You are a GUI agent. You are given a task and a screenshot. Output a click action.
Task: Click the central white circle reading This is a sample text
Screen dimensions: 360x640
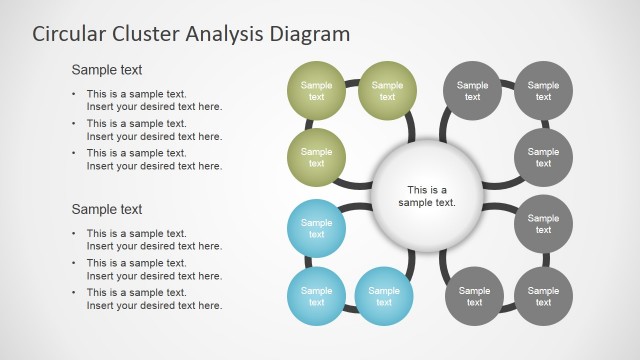(427, 195)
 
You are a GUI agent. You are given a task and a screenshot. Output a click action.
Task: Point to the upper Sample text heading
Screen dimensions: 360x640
(106, 70)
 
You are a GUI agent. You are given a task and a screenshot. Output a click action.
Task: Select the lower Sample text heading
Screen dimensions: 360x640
(106, 209)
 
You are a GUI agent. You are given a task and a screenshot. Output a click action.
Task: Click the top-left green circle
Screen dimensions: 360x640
(316, 91)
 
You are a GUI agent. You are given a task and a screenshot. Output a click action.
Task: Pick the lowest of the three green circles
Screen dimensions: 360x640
(316, 157)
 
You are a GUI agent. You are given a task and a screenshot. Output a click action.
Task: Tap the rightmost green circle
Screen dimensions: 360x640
(387, 91)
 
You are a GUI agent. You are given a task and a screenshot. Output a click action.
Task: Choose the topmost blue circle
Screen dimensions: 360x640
(316, 229)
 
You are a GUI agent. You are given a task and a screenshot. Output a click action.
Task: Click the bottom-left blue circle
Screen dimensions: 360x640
(316, 296)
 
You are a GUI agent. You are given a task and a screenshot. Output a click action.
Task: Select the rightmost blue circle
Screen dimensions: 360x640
(384, 296)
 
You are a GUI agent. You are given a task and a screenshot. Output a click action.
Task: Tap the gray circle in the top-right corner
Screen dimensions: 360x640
(543, 91)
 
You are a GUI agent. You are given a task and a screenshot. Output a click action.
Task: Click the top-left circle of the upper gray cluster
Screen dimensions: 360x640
(472, 91)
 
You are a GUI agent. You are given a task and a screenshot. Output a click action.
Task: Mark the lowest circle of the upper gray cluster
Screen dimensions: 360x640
(543, 157)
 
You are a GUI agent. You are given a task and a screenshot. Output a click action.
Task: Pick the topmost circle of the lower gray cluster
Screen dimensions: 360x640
(543, 224)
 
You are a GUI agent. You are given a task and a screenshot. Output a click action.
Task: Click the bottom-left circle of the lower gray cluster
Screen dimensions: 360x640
(474, 296)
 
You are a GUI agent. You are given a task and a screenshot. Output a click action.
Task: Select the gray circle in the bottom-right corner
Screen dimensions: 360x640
(543, 296)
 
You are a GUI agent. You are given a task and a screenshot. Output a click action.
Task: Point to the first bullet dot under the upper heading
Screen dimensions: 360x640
(73, 94)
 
